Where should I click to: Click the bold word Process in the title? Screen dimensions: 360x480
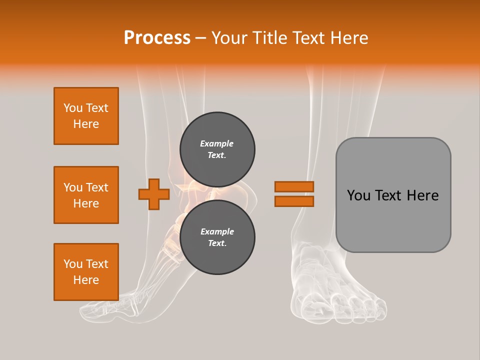[x=157, y=38]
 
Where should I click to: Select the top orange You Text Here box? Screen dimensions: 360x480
[x=86, y=116]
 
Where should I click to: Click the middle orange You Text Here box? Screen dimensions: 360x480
[x=86, y=195]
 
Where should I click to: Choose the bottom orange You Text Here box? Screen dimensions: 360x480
[x=86, y=272]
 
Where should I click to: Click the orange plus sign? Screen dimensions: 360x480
[x=153, y=194]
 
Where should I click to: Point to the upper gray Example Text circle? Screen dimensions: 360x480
[x=217, y=149]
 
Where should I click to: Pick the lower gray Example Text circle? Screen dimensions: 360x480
[x=217, y=237]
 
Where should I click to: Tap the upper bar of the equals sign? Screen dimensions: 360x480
[x=294, y=186]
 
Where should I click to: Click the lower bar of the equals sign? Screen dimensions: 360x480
[x=294, y=201]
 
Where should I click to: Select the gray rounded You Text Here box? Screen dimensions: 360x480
[x=393, y=195]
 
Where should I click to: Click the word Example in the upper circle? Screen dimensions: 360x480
[x=216, y=143]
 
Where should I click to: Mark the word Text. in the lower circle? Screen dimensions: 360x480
[x=217, y=243]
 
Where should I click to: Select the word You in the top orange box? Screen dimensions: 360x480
[x=73, y=108]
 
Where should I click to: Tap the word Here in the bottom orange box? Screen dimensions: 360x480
[x=86, y=280]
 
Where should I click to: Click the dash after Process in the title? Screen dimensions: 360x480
[x=201, y=38]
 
